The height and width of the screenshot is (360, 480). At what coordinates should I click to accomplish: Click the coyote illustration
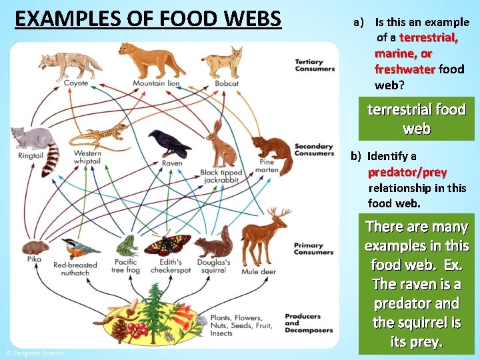[60, 64]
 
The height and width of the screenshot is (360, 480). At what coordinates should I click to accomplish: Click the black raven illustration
[168, 143]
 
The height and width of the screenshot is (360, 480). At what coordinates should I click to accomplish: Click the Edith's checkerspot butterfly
[167, 245]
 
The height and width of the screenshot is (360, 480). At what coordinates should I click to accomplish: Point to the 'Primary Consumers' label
[309, 249]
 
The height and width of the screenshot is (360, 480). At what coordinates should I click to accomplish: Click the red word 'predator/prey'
[407, 172]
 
